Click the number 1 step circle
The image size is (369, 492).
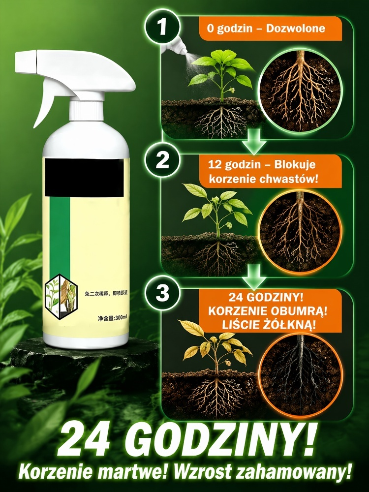162,27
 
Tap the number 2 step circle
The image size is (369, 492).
162,160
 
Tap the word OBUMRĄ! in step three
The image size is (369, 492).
301,311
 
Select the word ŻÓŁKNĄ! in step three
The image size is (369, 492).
289,325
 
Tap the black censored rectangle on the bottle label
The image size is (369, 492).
84,178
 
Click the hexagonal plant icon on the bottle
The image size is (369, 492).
61,297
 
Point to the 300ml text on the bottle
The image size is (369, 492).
121,318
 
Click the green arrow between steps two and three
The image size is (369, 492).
254,277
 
